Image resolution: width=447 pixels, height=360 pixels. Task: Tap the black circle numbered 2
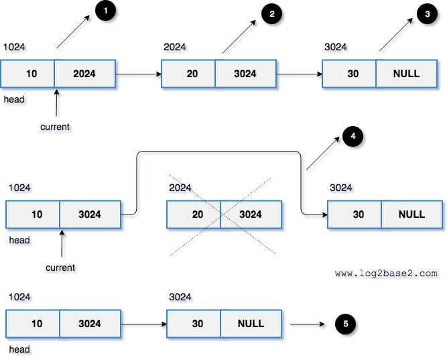[x=270, y=15]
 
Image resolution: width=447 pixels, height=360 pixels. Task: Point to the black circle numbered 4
[x=353, y=137]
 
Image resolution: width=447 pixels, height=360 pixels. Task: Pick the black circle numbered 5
[x=345, y=324]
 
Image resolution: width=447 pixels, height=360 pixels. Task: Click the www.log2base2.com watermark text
[x=386, y=274]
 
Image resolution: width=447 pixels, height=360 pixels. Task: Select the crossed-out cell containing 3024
[x=251, y=215]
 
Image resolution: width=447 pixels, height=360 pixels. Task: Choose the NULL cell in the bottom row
[x=251, y=324]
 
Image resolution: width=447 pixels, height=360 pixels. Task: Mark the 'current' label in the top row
[x=55, y=127]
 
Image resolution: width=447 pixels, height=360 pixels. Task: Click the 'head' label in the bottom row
[x=19, y=350]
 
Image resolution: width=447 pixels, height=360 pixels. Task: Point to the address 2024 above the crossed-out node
[x=180, y=188]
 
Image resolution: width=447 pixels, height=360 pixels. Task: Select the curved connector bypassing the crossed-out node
[x=221, y=152]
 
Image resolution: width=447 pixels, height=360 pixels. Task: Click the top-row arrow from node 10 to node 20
[x=138, y=74]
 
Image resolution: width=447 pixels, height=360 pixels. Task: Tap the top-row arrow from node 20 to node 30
[x=299, y=74]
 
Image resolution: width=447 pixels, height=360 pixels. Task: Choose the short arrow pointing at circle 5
[x=308, y=324]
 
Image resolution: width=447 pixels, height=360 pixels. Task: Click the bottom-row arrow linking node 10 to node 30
[x=143, y=324]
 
